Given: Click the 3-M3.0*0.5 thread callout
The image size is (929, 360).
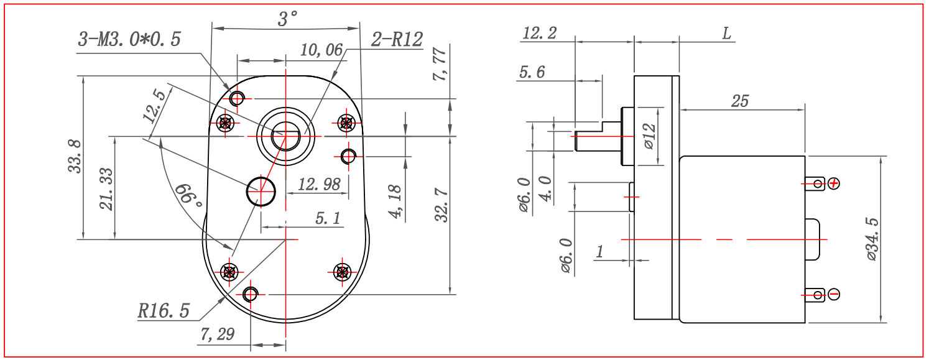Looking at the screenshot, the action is click(x=129, y=39).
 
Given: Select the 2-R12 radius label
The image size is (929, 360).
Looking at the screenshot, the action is click(x=397, y=39).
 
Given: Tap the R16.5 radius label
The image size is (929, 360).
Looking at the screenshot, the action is click(x=164, y=311).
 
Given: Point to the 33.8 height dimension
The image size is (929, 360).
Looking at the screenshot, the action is click(x=75, y=156).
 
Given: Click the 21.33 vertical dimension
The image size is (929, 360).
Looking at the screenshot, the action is click(x=106, y=189).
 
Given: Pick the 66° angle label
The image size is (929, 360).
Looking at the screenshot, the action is click(x=188, y=196).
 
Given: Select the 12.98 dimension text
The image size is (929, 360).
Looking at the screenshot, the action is click(x=319, y=185).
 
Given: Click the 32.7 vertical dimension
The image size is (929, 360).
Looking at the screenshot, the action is click(x=441, y=205).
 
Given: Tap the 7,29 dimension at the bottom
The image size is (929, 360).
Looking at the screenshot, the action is click(x=217, y=334).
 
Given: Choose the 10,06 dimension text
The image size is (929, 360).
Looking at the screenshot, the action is click(x=321, y=50).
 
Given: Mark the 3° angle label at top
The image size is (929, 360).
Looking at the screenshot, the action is click(x=287, y=19).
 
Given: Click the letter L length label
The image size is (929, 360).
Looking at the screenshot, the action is click(x=727, y=34).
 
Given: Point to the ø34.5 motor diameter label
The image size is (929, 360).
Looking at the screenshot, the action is click(x=872, y=239).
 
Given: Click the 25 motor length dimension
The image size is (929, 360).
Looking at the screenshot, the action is click(x=741, y=101).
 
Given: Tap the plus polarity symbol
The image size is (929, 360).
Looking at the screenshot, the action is click(x=834, y=183).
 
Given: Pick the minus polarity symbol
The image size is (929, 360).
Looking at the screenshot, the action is click(x=834, y=295).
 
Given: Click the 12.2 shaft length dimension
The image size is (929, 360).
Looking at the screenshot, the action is click(x=540, y=33).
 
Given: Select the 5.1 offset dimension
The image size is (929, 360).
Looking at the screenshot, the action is click(x=328, y=218).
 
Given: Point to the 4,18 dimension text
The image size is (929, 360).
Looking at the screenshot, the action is click(x=395, y=202).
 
